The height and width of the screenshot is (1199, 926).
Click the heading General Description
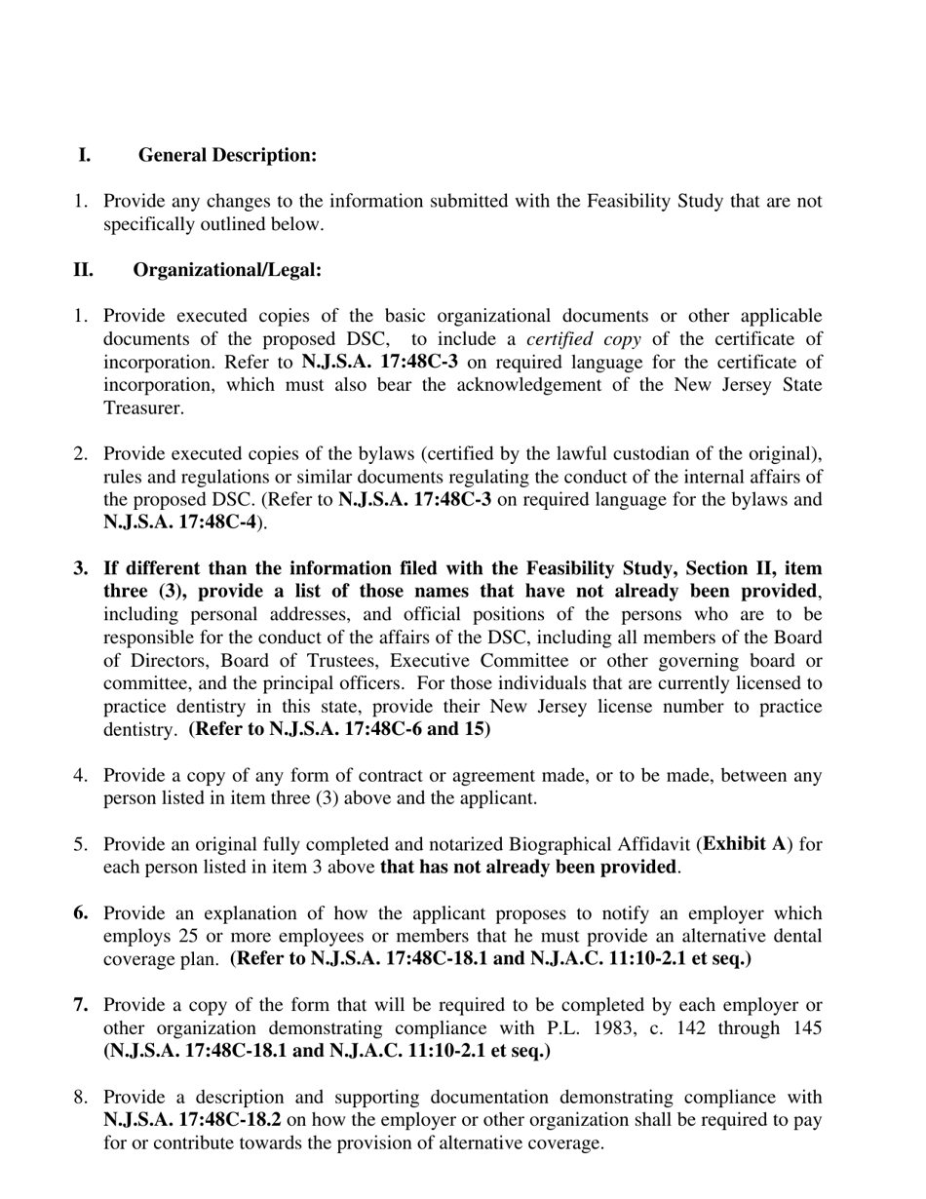[x=227, y=155]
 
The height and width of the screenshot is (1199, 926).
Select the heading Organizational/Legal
[x=227, y=270]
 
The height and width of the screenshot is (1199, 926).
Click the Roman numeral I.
[x=85, y=155]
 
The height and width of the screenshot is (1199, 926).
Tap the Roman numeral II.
[x=83, y=270]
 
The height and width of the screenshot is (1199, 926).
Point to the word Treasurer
[x=143, y=408]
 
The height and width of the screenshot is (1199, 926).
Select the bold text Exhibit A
[x=744, y=844]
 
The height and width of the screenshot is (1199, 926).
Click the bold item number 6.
[x=81, y=913]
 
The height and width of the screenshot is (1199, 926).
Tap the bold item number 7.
[x=81, y=1005]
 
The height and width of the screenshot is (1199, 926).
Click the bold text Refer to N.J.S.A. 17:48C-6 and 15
[x=340, y=729]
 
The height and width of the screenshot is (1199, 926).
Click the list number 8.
[x=81, y=1098]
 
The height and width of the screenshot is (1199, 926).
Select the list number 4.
[x=81, y=776]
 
